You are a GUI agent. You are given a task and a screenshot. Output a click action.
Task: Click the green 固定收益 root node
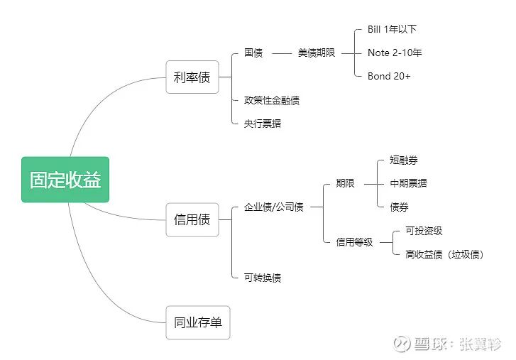click(65, 180)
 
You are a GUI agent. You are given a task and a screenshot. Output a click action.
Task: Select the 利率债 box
click(192, 77)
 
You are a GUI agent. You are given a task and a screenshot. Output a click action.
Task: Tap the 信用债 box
click(192, 219)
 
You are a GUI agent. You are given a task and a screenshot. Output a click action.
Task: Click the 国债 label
click(253, 53)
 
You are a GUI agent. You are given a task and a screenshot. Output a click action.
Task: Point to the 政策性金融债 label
click(271, 101)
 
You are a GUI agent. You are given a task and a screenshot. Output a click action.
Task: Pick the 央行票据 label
click(262, 124)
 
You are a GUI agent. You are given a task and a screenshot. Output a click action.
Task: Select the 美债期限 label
click(317, 53)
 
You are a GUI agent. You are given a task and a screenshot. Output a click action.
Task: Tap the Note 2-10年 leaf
click(395, 53)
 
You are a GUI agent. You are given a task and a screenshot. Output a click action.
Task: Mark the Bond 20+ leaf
click(389, 76)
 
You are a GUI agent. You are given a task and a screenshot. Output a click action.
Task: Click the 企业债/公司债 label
click(273, 207)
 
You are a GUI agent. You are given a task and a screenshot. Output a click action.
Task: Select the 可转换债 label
click(262, 278)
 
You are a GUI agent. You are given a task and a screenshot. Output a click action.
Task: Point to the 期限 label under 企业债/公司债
click(345, 183)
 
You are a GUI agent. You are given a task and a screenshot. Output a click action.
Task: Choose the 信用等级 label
click(354, 242)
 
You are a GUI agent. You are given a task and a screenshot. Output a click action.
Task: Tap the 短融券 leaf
click(404, 160)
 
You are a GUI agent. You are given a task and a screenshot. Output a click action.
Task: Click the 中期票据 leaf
click(408, 183)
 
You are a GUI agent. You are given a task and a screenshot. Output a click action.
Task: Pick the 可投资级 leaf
click(424, 231)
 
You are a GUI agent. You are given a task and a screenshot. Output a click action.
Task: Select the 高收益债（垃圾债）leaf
click(444, 254)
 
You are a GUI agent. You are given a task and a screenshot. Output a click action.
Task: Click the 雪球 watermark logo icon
click(402, 343)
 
